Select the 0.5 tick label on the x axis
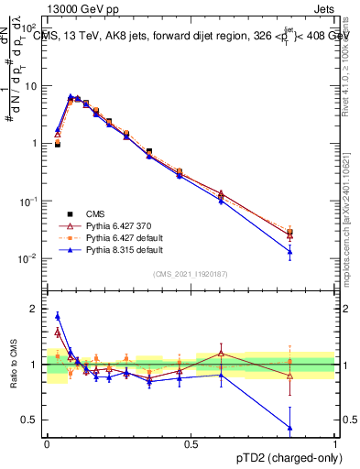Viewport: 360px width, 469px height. pyautogui.click(x=191, y=443)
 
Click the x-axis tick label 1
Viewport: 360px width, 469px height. pyautogui.click(x=334, y=443)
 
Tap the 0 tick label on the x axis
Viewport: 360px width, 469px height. pyautogui.click(x=47, y=443)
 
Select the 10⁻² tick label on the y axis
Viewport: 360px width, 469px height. pyautogui.click(x=27, y=258)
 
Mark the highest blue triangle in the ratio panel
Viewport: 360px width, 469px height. pyautogui.click(x=58, y=316)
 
